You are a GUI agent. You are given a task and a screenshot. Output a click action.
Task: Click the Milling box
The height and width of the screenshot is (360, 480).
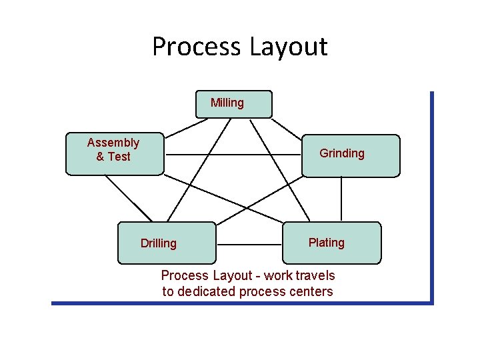point(233,104)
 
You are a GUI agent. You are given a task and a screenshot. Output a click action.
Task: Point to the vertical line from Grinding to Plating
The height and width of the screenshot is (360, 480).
point(341,199)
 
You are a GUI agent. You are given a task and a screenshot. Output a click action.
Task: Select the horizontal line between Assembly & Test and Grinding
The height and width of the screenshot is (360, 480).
point(233,154)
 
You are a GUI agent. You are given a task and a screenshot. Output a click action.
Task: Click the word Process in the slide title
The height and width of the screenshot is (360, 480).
point(196,47)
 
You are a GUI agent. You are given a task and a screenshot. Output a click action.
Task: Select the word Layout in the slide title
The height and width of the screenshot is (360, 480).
point(288,47)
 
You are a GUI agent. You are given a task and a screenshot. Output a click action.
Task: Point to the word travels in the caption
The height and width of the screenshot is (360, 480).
point(315,275)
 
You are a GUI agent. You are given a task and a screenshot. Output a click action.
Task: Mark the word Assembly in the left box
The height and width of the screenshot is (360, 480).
point(113,143)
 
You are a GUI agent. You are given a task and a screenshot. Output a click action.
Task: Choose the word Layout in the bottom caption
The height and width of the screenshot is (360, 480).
point(233,275)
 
